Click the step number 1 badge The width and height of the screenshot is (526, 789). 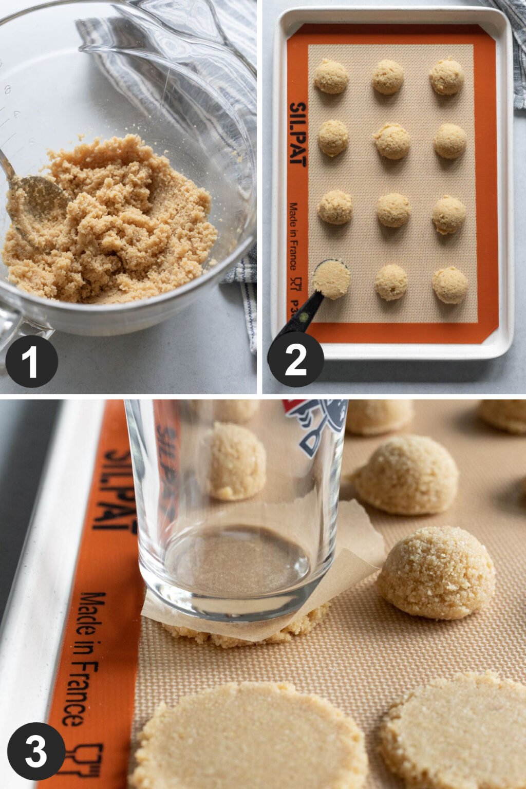tap(31, 361)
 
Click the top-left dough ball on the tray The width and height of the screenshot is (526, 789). tap(331, 77)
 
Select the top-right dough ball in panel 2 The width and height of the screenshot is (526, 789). tap(446, 77)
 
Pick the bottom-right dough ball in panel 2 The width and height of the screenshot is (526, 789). tap(449, 285)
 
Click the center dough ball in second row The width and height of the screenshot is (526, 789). tap(392, 141)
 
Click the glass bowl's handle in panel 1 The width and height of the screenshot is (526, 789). tap(13, 329)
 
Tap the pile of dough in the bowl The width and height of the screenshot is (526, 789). tap(118, 221)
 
